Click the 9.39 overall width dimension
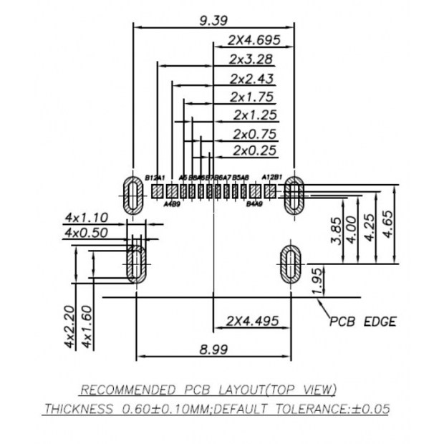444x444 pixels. [213, 20]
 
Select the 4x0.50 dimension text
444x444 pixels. [86, 233]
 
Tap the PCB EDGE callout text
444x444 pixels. [362, 322]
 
